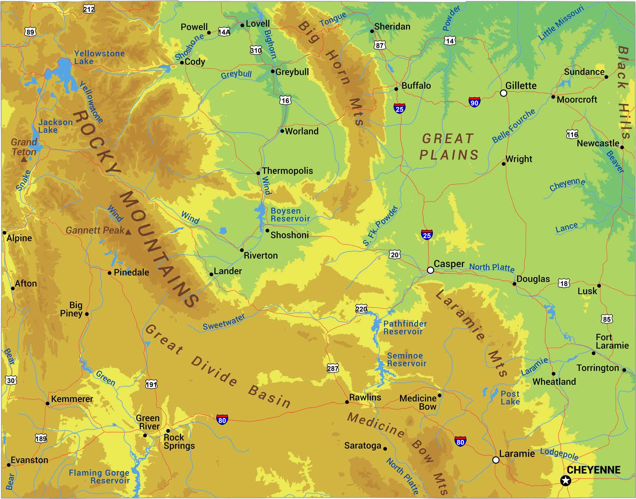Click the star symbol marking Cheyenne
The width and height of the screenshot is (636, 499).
pos(565,480)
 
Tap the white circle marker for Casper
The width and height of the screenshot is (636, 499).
pos(430,270)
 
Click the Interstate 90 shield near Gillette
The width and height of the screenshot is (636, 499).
pos(474,102)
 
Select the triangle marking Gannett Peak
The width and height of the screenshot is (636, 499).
pos(128,232)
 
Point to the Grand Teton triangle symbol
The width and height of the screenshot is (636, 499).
pos(24,159)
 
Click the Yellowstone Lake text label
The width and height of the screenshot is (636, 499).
pos(99,57)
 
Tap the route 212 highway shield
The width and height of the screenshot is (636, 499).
pos(89,9)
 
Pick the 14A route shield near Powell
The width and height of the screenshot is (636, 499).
pos(224,32)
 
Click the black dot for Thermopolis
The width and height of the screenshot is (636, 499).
pos(258,173)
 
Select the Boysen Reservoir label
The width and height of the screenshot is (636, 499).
pos(290,215)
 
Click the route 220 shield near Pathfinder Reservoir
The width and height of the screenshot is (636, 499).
pos(361,309)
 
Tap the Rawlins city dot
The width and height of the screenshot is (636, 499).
pos(347,402)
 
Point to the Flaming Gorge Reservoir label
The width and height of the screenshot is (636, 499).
pos(99,476)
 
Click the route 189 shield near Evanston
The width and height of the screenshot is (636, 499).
pos(41,438)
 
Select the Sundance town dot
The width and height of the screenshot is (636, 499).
pos(606,77)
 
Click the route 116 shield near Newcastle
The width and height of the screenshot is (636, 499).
pos(572,134)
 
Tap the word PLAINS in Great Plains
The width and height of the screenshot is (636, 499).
pos(449,155)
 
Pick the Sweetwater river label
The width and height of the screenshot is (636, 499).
pos(224,322)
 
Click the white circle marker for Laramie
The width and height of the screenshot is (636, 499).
pos(496,460)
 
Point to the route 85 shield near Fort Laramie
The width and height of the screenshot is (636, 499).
pos(607,319)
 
